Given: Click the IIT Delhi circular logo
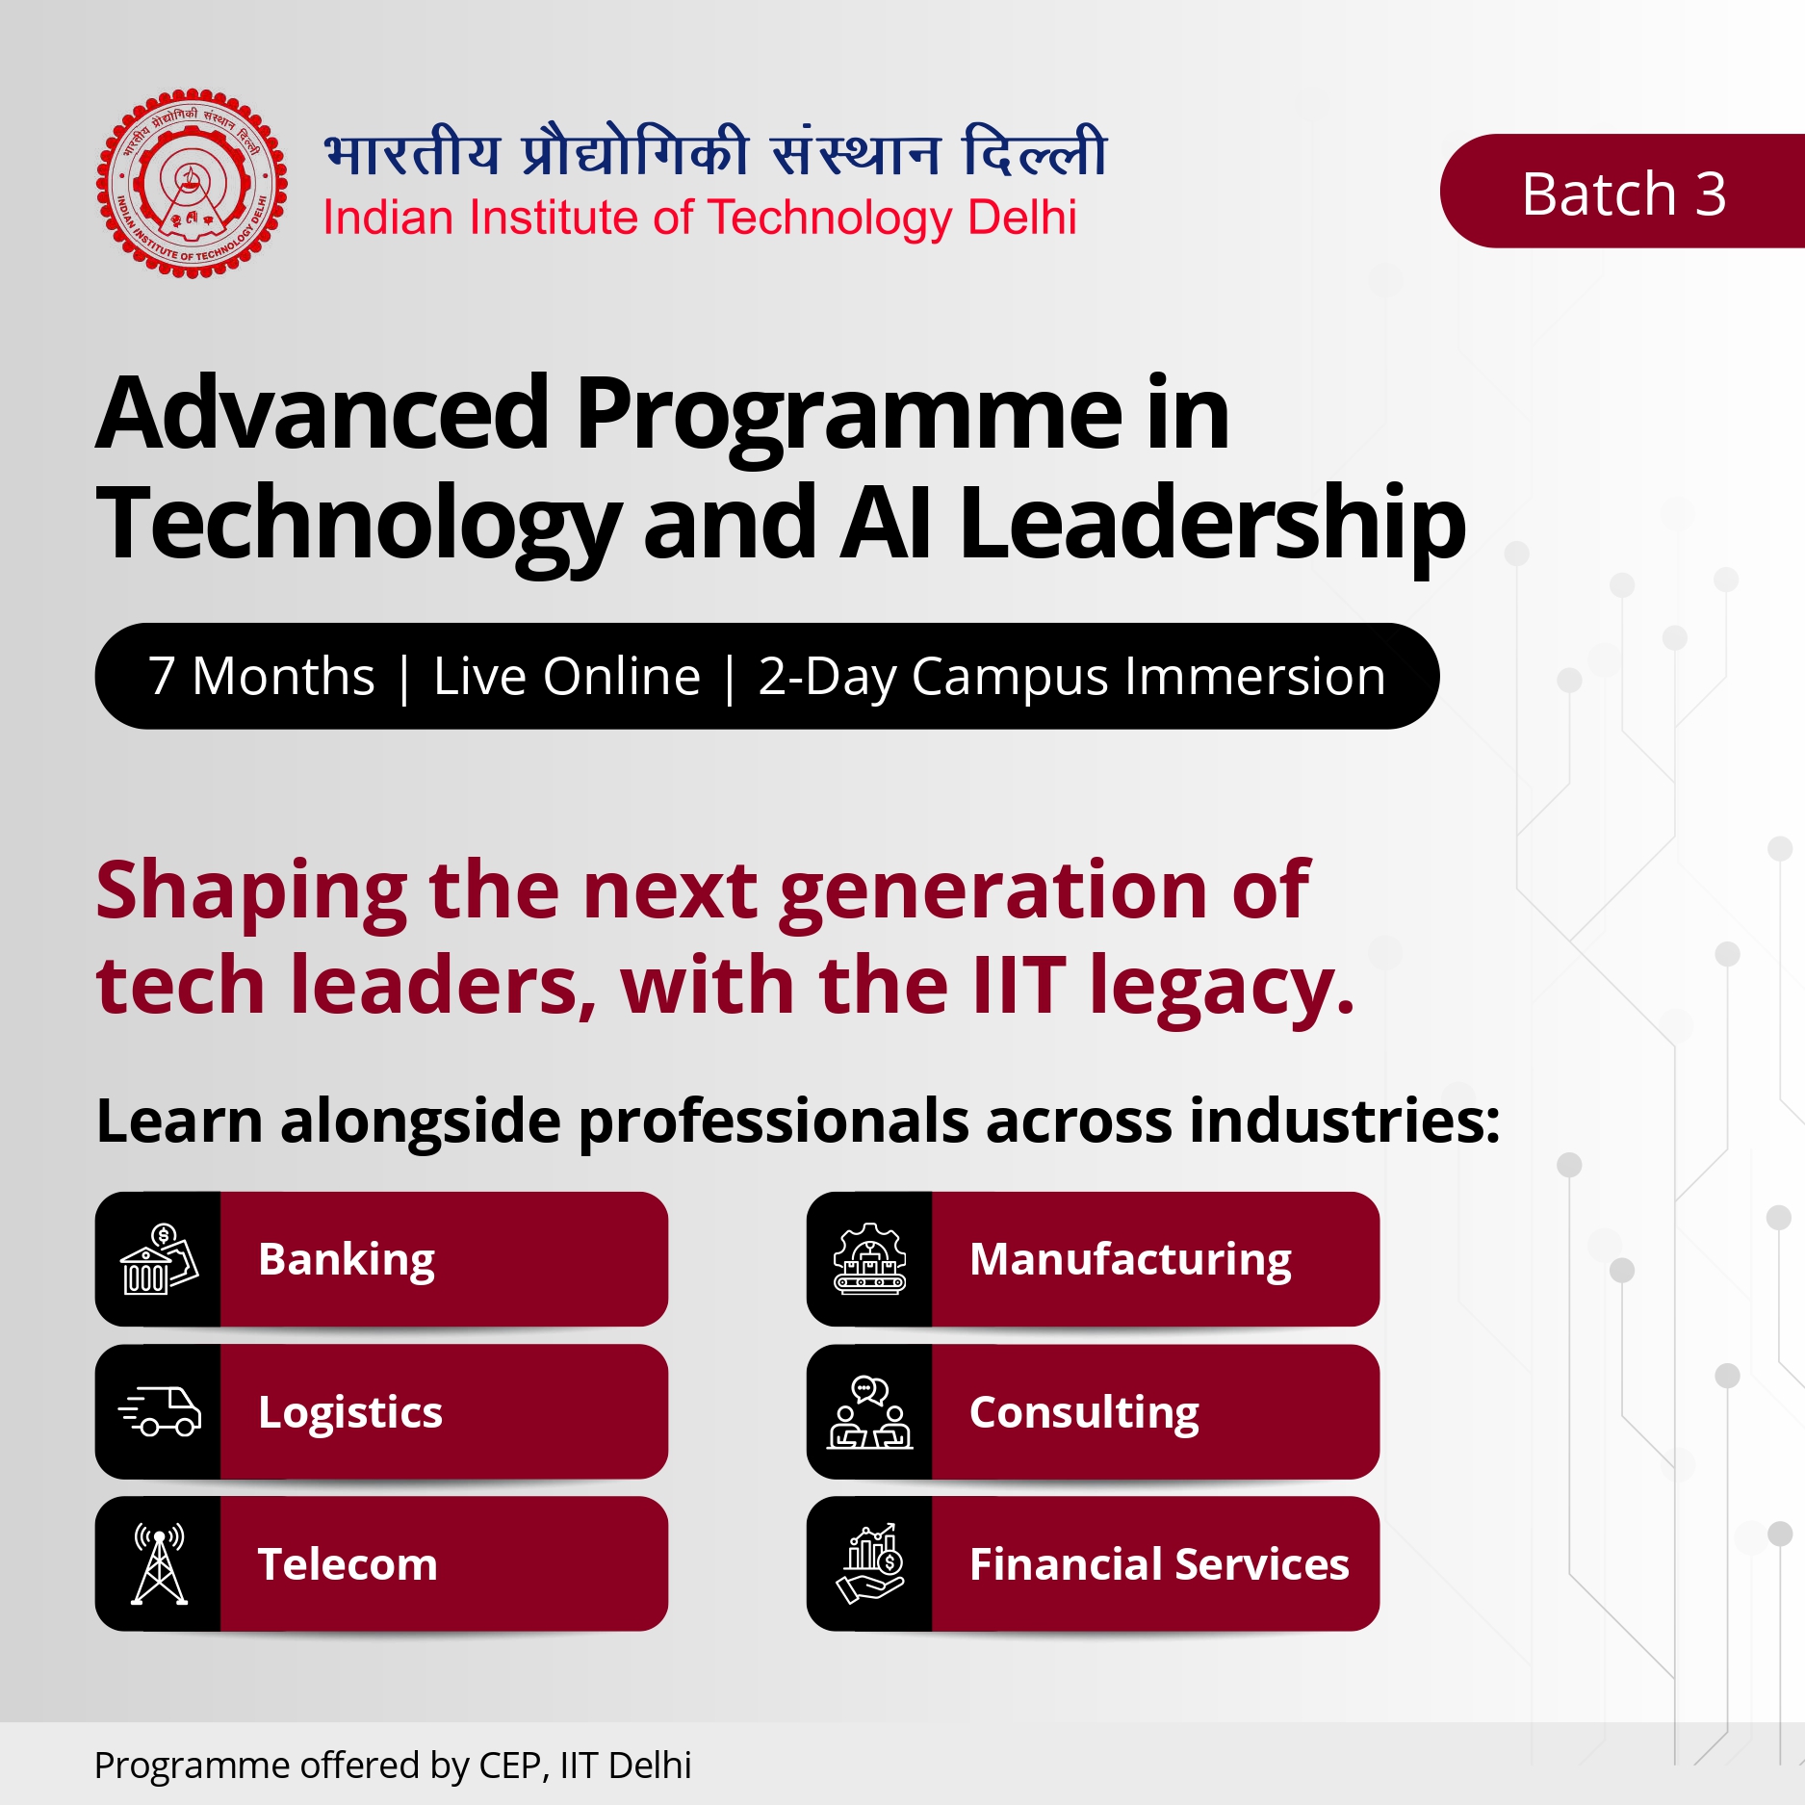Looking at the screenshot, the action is (x=192, y=183).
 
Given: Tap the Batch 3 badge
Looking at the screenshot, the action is (x=1623, y=192).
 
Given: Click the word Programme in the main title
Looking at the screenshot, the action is (x=848, y=413).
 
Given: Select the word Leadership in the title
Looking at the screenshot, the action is (x=1211, y=525).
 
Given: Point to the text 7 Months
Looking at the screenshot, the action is (x=261, y=676).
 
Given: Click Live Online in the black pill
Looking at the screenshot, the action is (x=567, y=676).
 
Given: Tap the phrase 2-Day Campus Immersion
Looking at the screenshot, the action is (x=1071, y=677).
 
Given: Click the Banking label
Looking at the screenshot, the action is (x=347, y=1260).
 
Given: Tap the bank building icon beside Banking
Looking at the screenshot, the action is (x=159, y=1258).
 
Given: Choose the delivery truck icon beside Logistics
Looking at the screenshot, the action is (x=159, y=1411).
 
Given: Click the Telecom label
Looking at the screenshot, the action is (x=348, y=1564).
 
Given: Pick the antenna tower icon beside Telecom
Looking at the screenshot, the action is (x=159, y=1563).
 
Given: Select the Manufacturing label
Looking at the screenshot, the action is (x=1130, y=1260).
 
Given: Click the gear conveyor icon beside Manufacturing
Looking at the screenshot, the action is (x=870, y=1258).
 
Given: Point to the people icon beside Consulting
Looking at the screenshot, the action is (x=870, y=1411).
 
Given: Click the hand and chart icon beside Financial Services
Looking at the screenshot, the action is (x=870, y=1563).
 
